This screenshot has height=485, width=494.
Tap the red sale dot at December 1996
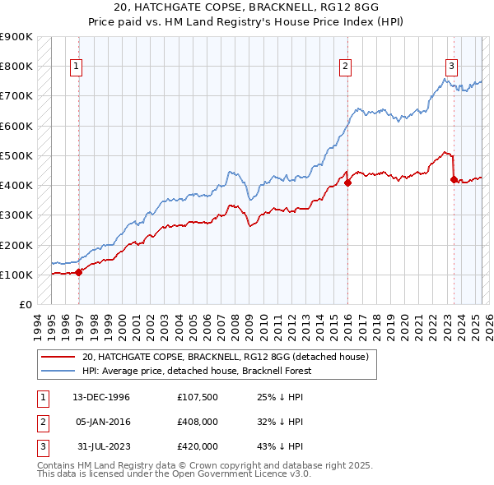79,272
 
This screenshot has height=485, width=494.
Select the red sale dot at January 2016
347,183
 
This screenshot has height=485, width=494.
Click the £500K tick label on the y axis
16,155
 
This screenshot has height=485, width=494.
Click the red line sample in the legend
57,357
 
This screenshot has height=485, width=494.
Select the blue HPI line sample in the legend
57,371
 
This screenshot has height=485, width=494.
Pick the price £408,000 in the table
198,422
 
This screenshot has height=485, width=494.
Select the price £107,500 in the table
198,397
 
